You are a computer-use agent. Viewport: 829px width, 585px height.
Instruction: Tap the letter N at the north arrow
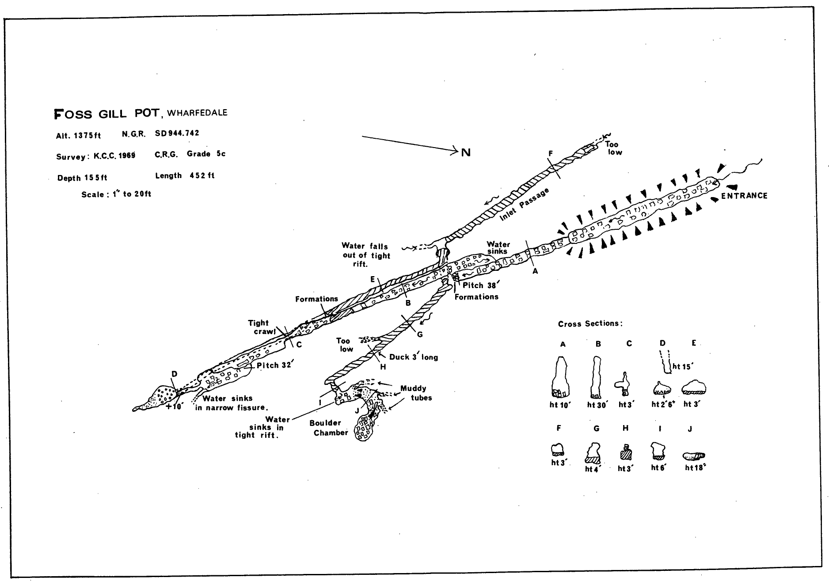(x=466, y=153)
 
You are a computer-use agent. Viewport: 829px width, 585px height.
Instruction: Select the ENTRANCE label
(x=744, y=196)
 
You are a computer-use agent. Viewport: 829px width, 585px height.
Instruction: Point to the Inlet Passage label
(x=525, y=205)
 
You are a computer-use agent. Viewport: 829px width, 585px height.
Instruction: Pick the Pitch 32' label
(x=274, y=365)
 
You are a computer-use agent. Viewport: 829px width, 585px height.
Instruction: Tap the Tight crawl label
(x=261, y=327)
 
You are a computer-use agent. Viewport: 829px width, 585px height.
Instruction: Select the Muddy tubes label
(x=414, y=393)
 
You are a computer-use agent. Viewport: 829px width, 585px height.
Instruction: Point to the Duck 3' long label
(x=413, y=357)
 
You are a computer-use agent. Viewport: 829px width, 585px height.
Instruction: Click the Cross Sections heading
(x=590, y=323)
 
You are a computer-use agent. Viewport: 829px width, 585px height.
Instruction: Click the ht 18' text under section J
(x=695, y=468)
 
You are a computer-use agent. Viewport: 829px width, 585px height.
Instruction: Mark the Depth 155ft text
(x=82, y=178)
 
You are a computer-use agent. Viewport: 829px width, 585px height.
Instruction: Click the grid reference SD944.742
(x=177, y=133)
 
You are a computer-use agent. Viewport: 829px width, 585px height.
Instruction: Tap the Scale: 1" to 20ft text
(x=116, y=194)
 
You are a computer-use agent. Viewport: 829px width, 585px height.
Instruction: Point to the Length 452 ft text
(x=185, y=175)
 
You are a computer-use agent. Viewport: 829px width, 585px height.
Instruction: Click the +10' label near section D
(x=174, y=406)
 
